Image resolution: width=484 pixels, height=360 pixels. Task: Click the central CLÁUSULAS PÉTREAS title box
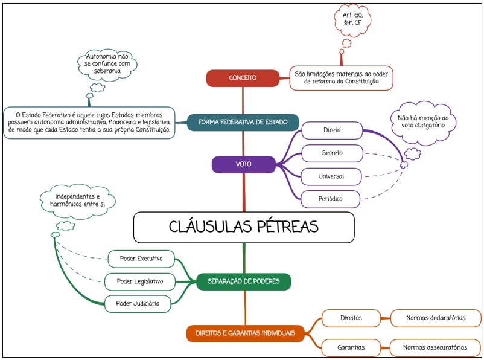[243, 227]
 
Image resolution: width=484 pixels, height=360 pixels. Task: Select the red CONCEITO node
[243, 78]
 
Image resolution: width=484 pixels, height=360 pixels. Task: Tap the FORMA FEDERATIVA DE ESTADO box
[243, 122]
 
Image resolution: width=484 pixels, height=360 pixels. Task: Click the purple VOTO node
[244, 164]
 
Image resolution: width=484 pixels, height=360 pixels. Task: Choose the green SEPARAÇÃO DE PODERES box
[243, 281]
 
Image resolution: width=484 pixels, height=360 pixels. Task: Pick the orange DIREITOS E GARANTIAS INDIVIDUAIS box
[244, 333]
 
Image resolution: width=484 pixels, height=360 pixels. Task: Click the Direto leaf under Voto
[331, 130]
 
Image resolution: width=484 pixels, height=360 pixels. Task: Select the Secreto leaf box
[331, 153]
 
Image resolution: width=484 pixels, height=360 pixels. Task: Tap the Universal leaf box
[331, 176]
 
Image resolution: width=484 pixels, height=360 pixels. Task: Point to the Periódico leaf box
[331, 198]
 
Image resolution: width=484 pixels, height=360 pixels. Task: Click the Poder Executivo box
[141, 259]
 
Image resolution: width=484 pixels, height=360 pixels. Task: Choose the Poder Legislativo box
[140, 281]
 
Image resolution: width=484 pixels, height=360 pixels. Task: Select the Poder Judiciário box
[138, 304]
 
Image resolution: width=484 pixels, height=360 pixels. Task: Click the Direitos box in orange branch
[351, 318]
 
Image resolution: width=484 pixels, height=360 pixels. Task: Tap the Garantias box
[351, 347]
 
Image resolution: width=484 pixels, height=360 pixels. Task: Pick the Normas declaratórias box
[435, 318]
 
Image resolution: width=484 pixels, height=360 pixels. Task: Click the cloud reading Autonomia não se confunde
[107, 63]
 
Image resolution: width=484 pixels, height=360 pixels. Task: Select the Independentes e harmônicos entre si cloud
[77, 201]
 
